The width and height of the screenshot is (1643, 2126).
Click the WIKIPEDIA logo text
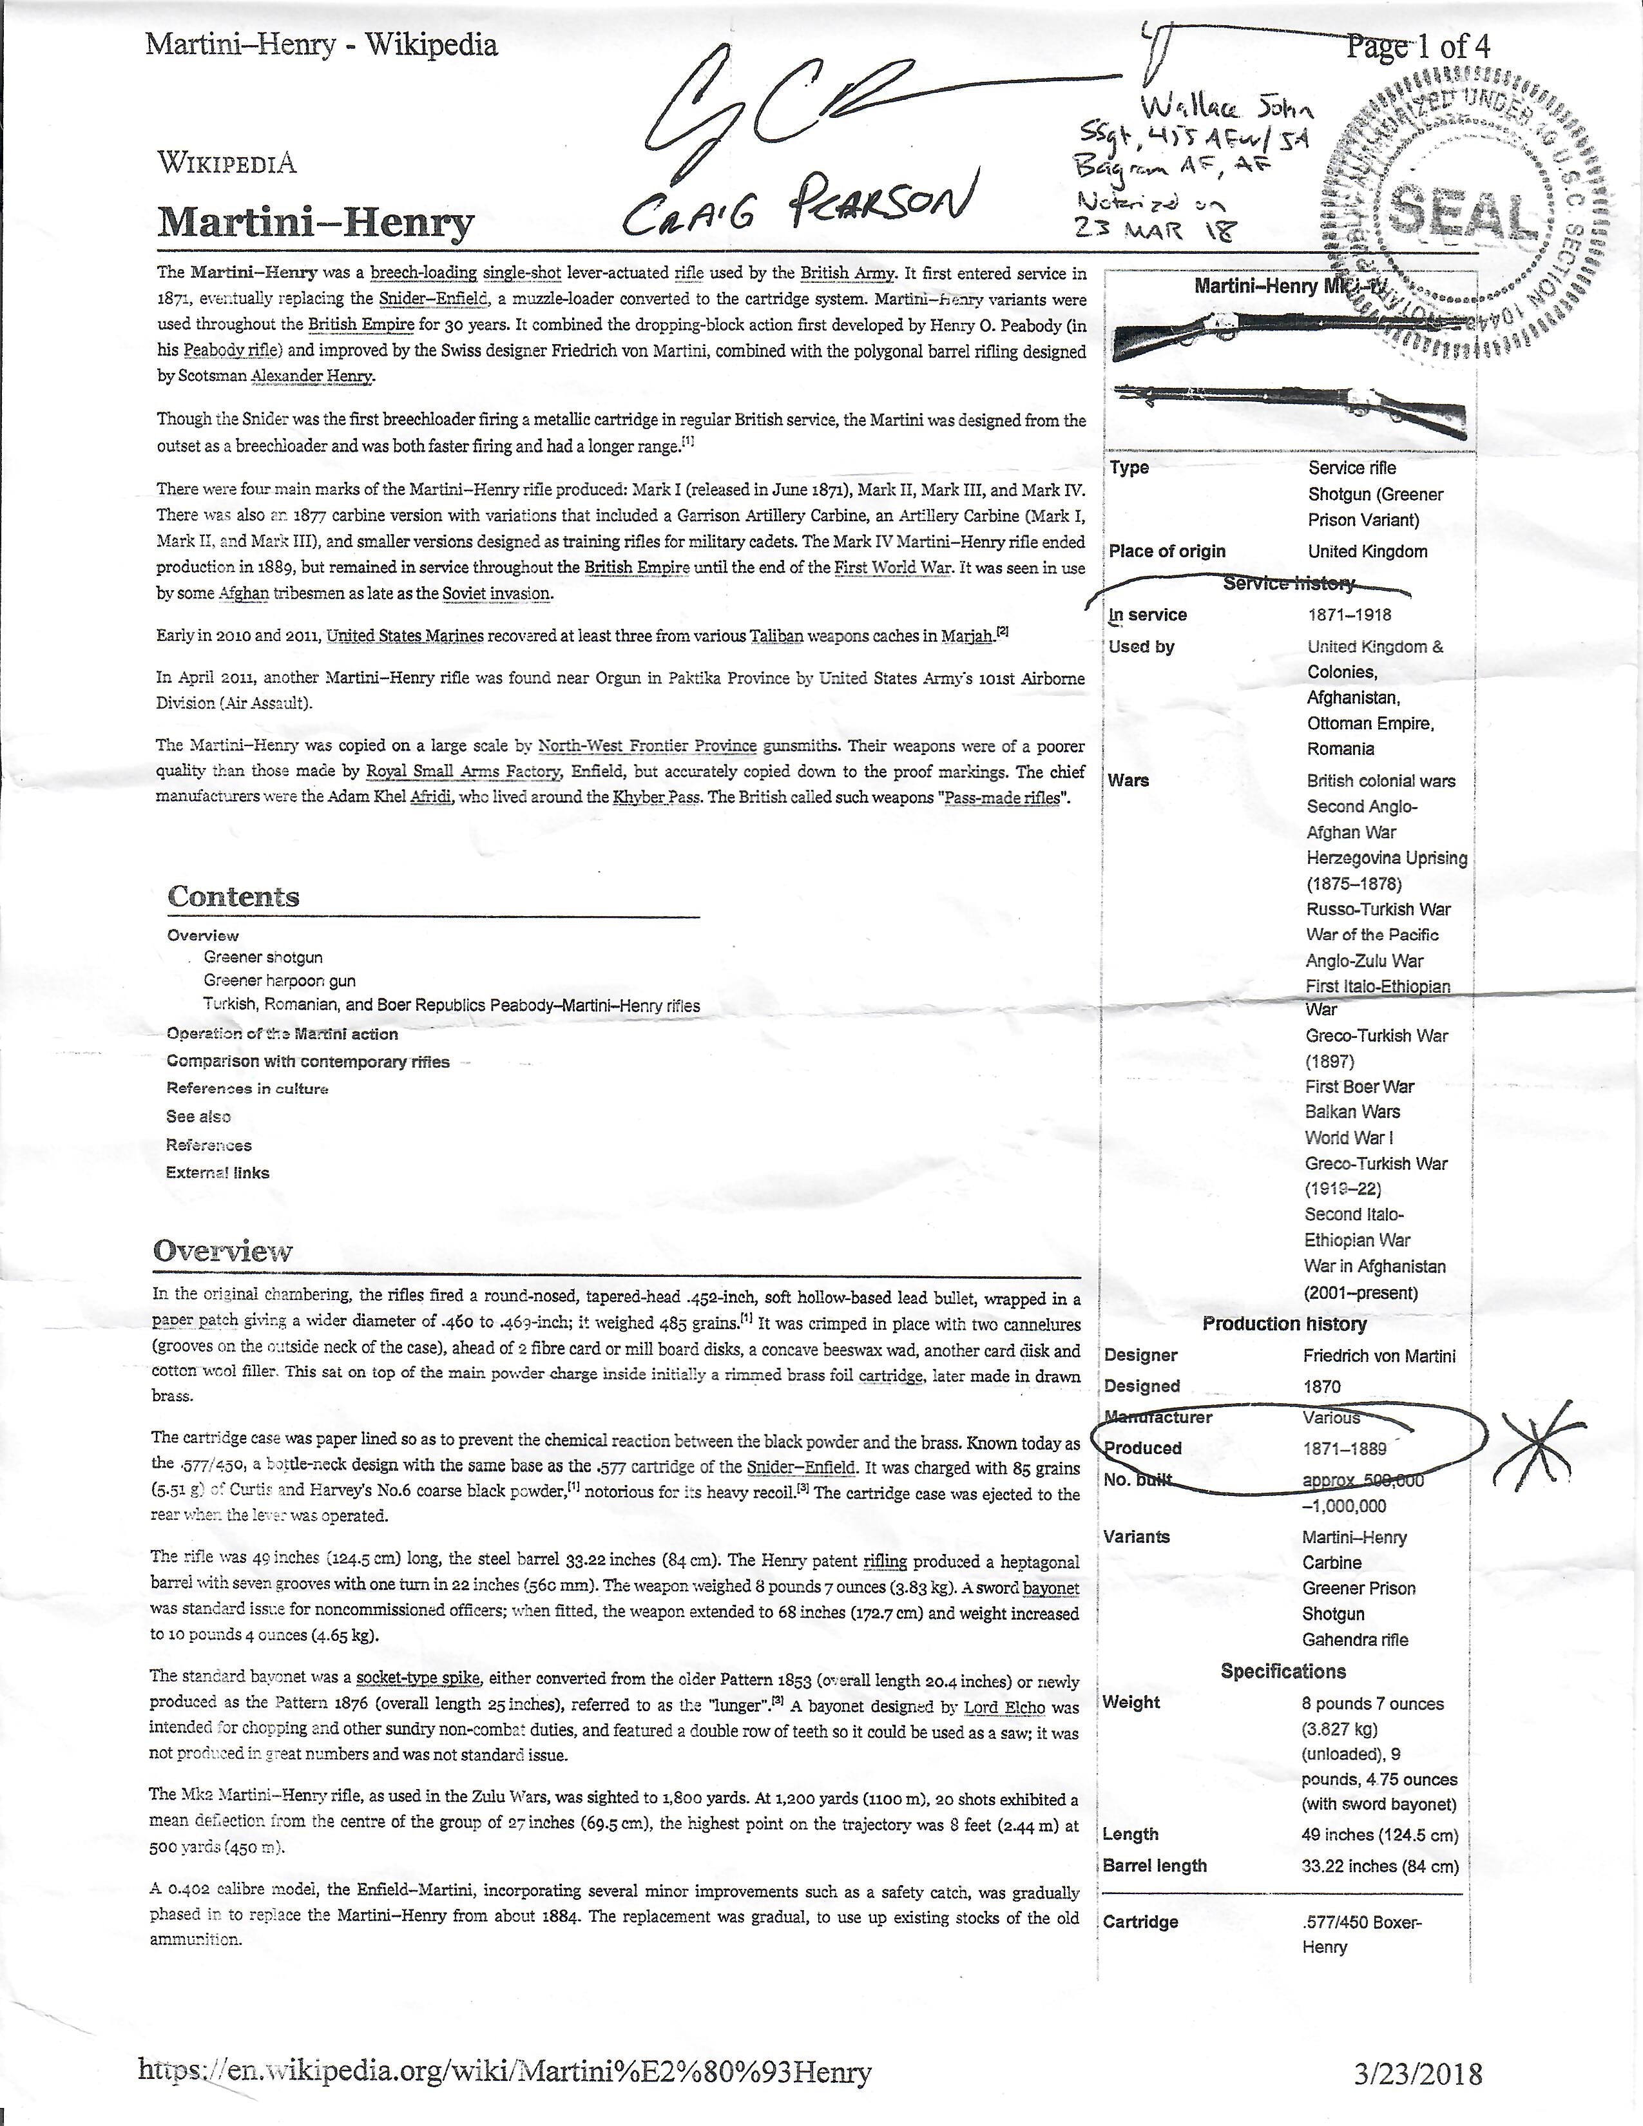pos(227,162)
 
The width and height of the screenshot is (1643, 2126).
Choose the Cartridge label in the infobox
pos(1140,1922)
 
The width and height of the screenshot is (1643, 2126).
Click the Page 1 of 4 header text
pos(1417,45)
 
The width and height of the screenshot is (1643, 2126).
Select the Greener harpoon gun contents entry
pos(280,981)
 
